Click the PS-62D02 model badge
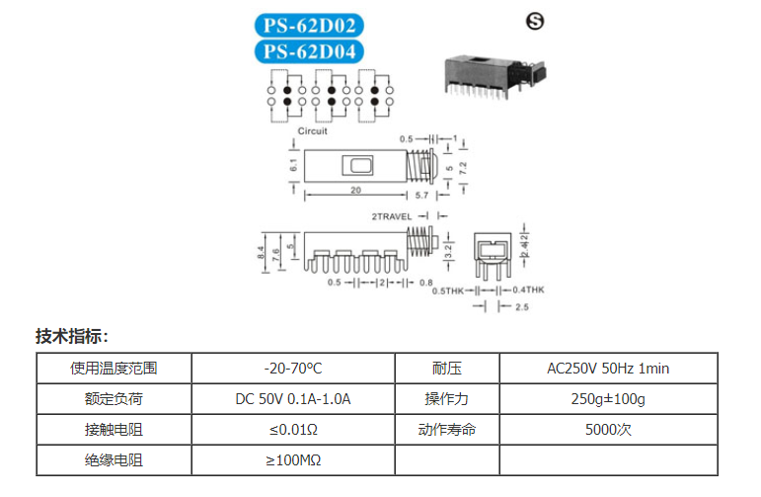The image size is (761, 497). click(309, 26)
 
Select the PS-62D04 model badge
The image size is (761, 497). click(309, 51)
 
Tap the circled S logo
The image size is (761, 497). click(535, 21)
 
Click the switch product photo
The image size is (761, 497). click(495, 77)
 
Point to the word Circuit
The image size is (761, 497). click(313, 131)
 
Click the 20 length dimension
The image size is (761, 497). click(355, 190)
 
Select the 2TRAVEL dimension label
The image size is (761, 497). click(392, 216)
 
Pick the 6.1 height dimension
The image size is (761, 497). click(293, 165)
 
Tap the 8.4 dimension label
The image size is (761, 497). click(262, 253)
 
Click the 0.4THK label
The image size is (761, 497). click(528, 290)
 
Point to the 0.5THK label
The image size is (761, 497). click(448, 291)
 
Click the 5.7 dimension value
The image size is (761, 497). click(421, 195)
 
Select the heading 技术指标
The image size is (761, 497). click(72, 336)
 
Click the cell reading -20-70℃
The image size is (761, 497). click(293, 369)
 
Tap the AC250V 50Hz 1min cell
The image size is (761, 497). click(608, 369)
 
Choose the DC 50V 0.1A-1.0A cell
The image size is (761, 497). click(293, 399)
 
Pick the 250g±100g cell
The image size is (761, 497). click(608, 399)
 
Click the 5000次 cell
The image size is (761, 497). click(608, 430)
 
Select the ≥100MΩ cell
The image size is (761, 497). click(293, 460)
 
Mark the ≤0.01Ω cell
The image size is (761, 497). click(293, 430)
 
